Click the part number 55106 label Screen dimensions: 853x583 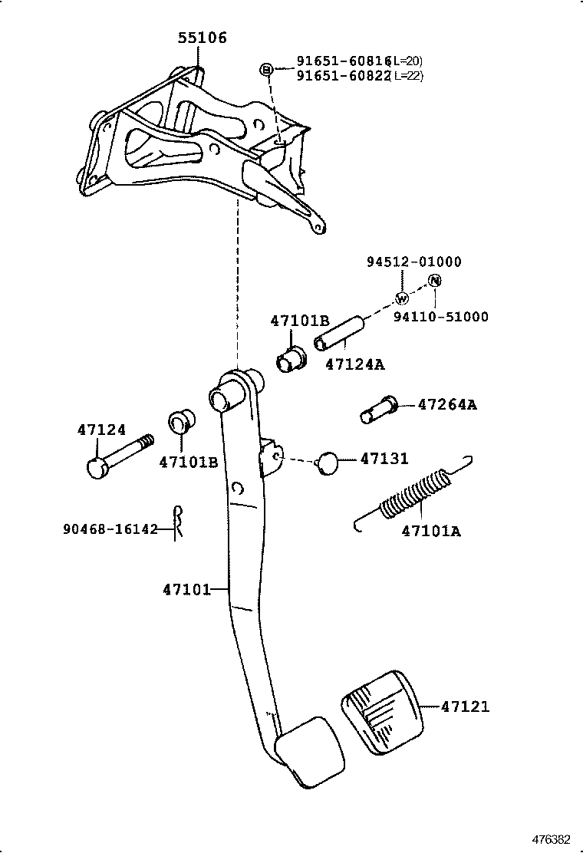[203, 38]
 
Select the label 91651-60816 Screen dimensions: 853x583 [343, 61]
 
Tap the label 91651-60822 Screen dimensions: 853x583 [343, 75]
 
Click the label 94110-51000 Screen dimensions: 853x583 [441, 316]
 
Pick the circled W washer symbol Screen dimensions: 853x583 [400, 298]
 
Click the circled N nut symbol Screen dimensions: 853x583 [434, 281]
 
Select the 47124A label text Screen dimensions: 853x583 [354, 364]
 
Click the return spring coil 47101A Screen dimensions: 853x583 [414, 496]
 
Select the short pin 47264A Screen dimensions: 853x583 [378, 408]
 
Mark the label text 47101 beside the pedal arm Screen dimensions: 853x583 [186, 589]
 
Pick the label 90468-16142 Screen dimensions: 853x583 [110, 529]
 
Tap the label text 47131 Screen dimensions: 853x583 [384, 459]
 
